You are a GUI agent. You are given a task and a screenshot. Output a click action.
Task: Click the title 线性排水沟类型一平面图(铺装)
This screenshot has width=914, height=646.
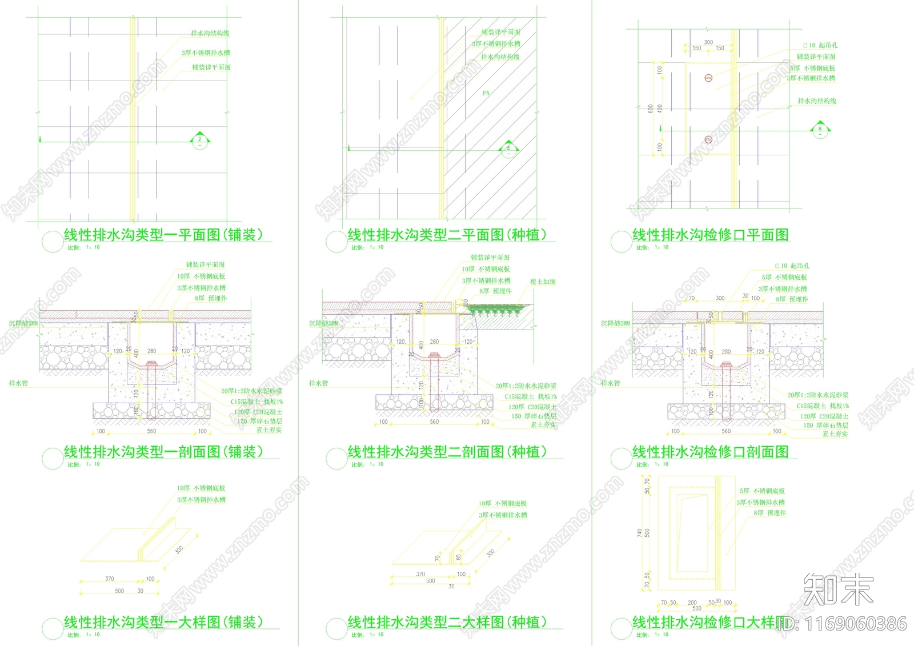pos(163,235)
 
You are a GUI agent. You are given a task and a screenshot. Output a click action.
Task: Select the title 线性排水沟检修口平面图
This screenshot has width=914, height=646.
pos(710,235)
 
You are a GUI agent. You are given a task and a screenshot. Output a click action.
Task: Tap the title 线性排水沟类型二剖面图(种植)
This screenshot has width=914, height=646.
pos(447,452)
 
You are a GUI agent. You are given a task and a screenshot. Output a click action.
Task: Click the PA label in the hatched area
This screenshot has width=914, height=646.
pos(486,93)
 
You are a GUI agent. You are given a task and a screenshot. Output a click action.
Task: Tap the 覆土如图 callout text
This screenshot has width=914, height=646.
pos(543,282)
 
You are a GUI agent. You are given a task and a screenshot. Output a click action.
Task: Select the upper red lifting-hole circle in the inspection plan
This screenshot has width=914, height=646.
pos(708,78)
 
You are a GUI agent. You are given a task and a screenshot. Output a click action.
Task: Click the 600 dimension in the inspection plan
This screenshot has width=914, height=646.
pos(650,109)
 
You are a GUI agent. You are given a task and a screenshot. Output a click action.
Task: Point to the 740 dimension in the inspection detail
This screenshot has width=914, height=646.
pos(639,533)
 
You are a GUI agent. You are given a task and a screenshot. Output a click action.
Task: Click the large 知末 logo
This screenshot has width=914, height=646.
pos(839,589)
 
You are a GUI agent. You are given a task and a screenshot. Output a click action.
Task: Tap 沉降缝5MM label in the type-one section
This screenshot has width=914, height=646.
pos(23,323)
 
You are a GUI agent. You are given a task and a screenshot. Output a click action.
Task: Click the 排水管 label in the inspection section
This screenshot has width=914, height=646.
pos(610,383)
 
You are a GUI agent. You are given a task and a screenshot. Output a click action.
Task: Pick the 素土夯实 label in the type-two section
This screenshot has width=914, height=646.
pos(543,424)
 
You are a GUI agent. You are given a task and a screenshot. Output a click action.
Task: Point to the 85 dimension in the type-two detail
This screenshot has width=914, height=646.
pos(459,556)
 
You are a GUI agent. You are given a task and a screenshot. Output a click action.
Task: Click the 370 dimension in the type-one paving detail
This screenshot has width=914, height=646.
pos(110,579)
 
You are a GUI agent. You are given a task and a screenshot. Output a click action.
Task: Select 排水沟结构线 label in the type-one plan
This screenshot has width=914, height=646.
pos(210,33)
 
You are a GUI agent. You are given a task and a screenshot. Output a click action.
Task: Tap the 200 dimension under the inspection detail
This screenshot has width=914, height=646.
pos(692,603)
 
